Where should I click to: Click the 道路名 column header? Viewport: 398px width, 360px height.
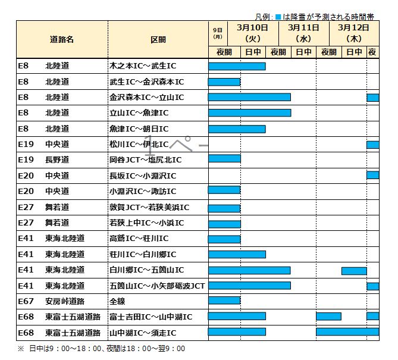coord(62,39)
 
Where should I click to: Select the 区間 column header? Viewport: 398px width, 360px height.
coord(158,39)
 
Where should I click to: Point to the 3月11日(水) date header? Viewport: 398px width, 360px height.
coord(303,33)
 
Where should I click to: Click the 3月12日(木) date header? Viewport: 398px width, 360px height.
coord(353,33)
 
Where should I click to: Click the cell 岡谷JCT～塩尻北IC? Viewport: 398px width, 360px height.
coord(145,160)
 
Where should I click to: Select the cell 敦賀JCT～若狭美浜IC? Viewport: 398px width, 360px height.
coord(149,207)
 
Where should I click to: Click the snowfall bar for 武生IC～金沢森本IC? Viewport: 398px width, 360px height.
coord(224,82)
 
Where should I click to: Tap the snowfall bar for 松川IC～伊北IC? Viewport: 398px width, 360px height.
coord(372,145)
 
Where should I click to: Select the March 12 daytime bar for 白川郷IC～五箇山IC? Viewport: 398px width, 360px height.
coord(353,270)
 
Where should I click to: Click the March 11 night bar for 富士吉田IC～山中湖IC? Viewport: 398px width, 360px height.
coord(328,317)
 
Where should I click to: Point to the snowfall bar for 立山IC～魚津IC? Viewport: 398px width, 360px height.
coord(249,113)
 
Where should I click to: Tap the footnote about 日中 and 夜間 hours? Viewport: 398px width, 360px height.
coord(101,349)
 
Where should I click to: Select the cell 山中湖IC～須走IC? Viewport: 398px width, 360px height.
coord(143,332)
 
